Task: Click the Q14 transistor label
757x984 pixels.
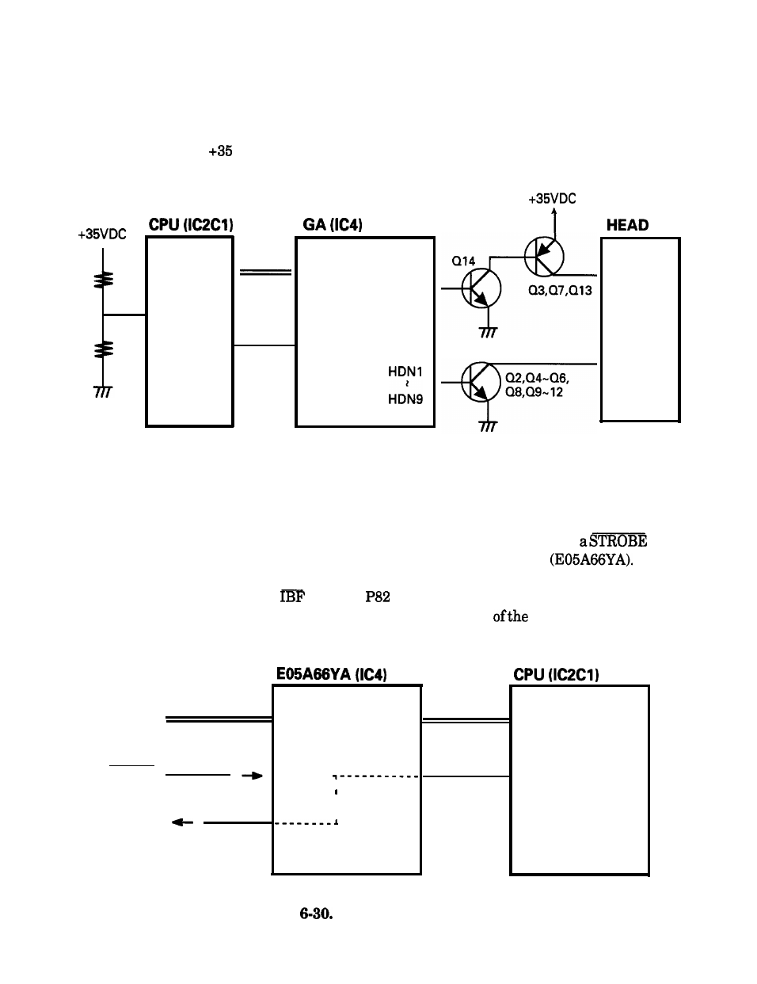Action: point(463,261)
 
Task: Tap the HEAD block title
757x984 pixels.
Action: point(627,225)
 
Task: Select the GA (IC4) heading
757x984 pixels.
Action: point(333,224)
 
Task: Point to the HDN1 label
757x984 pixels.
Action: point(405,372)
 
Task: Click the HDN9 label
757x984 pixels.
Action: point(405,399)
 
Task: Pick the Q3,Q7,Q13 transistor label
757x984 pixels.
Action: point(560,290)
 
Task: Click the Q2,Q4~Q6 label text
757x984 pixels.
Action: point(537,378)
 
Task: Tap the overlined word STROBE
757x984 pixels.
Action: point(618,540)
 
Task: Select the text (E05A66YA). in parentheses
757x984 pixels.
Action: point(592,560)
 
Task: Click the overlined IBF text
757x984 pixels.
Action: point(292,597)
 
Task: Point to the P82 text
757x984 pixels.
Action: point(378,597)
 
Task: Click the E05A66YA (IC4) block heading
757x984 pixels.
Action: point(332,674)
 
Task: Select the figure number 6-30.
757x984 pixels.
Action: point(316,913)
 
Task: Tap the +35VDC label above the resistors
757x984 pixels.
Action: point(102,234)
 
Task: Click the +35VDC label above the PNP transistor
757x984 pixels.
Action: point(552,199)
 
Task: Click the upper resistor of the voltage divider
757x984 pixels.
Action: point(103,279)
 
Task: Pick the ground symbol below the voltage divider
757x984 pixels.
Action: point(103,391)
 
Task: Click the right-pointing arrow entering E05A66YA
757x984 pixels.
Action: point(252,776)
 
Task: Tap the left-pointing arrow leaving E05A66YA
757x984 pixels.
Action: point(182,822)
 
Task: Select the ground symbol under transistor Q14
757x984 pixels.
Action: point(488,333)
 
